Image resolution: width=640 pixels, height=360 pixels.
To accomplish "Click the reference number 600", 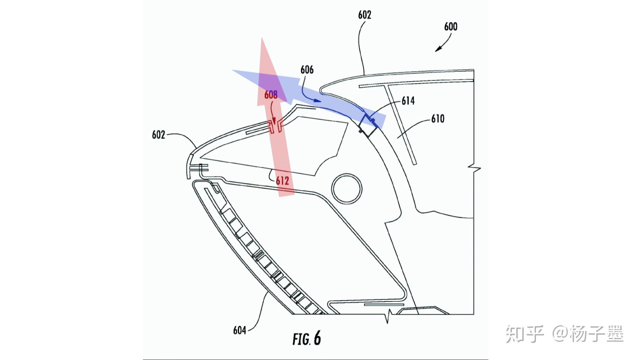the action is click(451, 27).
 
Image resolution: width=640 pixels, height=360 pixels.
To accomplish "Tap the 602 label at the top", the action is click(365, 15).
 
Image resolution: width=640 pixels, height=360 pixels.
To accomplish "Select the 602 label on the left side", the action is click(159, 135).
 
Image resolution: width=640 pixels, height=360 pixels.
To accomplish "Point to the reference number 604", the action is click(240, 330).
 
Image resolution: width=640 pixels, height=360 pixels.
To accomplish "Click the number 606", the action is click(307, 70).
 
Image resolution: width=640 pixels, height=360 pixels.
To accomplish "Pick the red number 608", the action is click(271, 95).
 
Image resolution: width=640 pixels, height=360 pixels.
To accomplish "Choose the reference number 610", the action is click(438, 119).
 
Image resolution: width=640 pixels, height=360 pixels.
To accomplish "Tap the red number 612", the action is click(282, 181).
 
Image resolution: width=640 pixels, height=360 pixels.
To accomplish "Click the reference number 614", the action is click(408, 101).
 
